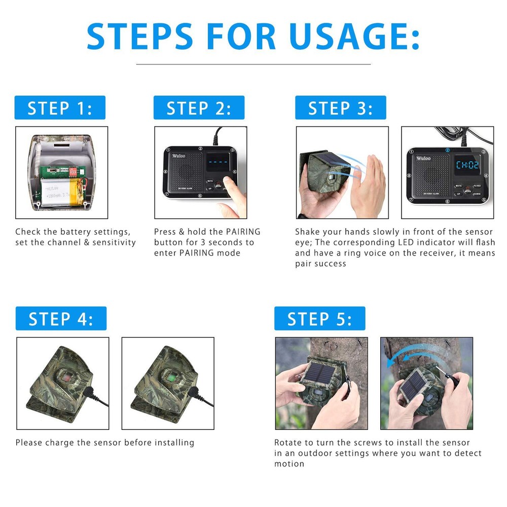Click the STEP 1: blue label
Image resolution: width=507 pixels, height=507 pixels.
click(60, 108)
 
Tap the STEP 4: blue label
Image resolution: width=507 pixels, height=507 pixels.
click(61, 319)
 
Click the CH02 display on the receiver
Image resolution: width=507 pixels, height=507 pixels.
click(467, 165)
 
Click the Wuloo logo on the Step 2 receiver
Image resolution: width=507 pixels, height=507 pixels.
click(178, 156)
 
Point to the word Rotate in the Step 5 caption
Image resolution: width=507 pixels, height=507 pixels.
click(288, 443)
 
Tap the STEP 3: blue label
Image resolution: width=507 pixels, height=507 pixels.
click(341, 108)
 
